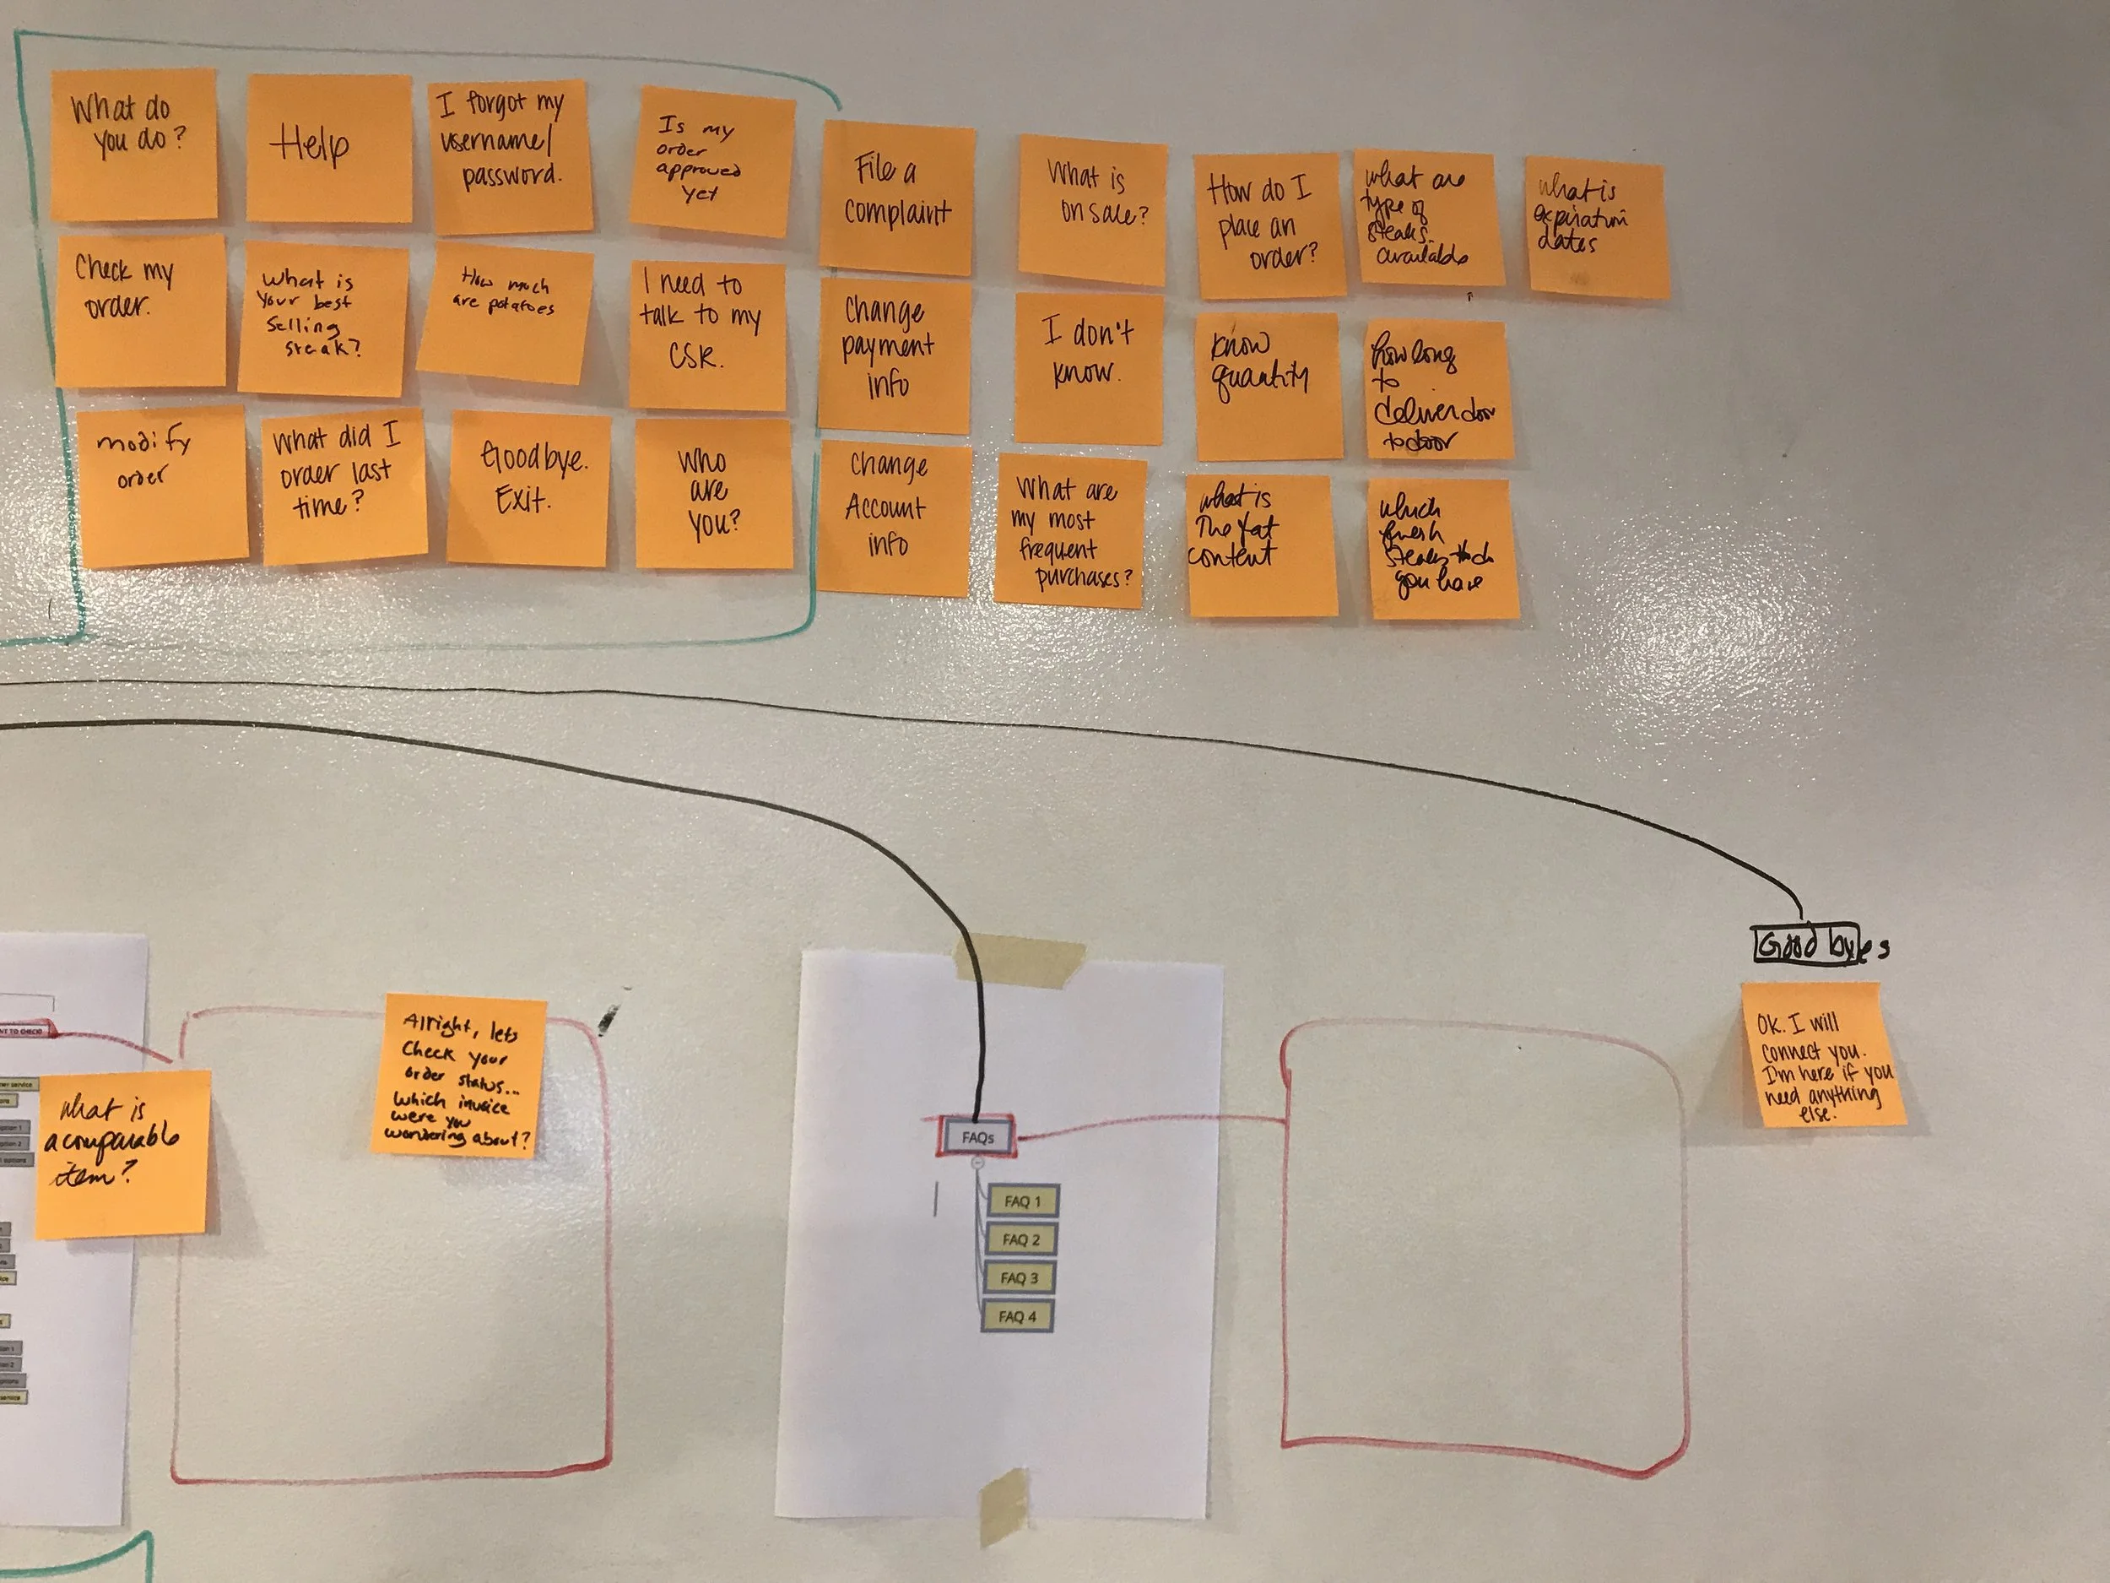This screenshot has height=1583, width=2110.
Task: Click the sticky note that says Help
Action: tap(329, 148)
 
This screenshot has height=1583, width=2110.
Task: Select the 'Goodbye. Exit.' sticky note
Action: tap(528, 489)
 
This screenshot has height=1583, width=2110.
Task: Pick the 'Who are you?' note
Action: tap(713, 494)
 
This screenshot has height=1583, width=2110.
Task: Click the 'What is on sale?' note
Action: tap(1092, 210)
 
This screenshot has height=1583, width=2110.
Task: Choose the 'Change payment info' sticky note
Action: tap(893, 355)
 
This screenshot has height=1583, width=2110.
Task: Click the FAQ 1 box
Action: tap(1021, 1201)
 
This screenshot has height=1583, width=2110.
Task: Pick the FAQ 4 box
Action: tap(1017, 1317)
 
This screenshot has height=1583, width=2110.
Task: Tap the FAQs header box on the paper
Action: tap(977, 1137)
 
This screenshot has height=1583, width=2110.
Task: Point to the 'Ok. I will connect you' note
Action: tap(1822, 1054)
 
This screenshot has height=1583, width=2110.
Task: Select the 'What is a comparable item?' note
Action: tap(122, 1155)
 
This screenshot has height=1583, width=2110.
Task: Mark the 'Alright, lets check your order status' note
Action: tap(457, 1076)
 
